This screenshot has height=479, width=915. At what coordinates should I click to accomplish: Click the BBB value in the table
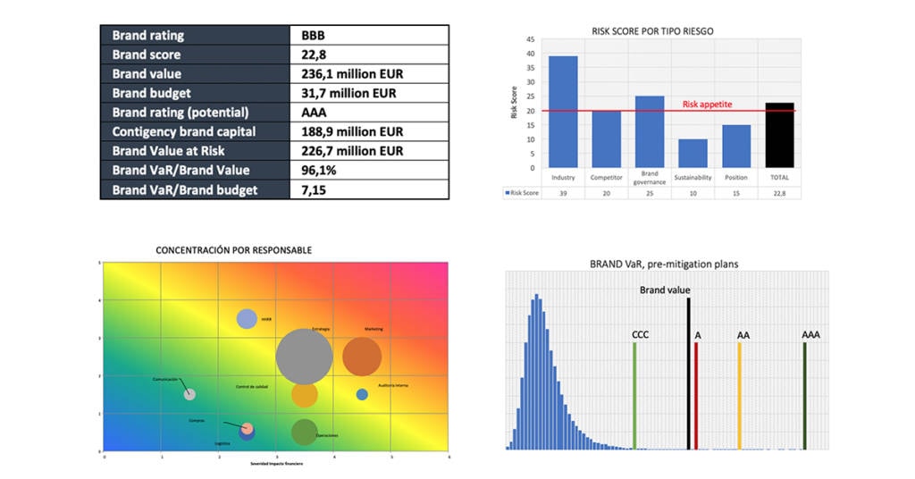coord(315,36)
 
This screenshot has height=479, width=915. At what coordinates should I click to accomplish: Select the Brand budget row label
coord(151,93)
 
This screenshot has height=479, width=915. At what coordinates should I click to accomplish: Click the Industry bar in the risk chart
coord(563,112)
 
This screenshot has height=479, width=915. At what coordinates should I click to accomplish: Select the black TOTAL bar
coord(780,135)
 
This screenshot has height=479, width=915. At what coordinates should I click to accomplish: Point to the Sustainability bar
coord(693,153)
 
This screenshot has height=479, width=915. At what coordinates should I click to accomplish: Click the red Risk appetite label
coord(707,105)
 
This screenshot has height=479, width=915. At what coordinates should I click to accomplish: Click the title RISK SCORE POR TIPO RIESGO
coord(652,30)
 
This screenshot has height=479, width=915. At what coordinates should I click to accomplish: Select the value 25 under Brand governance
coord(650,191)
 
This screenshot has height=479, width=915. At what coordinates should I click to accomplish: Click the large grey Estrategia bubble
coord(304,357)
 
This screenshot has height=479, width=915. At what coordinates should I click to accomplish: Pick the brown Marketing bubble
coord(362,357)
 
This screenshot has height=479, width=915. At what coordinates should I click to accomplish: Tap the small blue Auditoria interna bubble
coord(362,394)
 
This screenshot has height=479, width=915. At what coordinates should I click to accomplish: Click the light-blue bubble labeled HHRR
coord(247,318)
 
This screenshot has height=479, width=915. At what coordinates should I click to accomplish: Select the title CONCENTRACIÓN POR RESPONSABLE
coord(234,250)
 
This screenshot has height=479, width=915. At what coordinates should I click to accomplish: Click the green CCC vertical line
coord(634,394)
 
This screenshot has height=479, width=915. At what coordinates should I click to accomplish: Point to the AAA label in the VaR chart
coord(810,335)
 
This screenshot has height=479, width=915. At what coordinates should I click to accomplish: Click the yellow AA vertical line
coord(740,394)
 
